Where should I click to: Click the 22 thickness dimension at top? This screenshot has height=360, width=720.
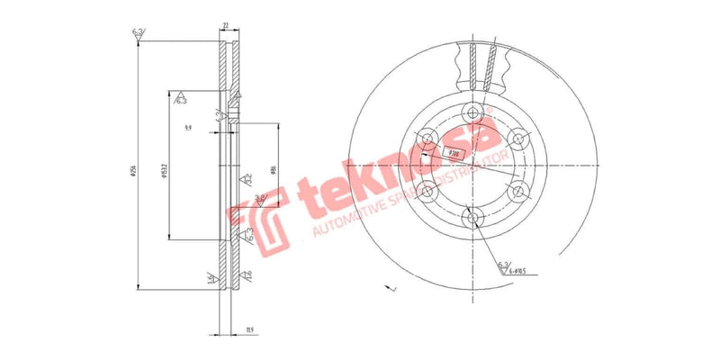point(226,28)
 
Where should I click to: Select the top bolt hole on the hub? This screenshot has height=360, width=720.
point(472,112)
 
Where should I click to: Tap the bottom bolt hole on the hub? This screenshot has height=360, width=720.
point(472,217)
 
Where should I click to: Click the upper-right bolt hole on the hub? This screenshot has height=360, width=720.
point(517,138)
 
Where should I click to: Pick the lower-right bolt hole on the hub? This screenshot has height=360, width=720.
point(517,191)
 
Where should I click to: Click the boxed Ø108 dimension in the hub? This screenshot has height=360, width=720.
point(454,153)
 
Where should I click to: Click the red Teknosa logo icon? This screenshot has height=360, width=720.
point(255,215)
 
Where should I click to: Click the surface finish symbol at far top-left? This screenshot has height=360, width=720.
point(138,34)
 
